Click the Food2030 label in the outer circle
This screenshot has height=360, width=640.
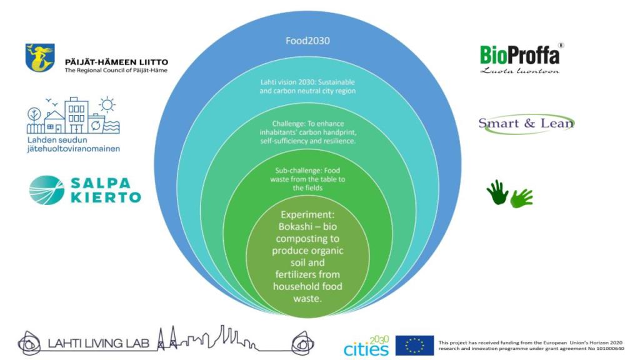click(307, 41)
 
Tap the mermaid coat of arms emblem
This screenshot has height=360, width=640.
click(40, 57)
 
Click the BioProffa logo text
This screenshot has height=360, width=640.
click(519, 55)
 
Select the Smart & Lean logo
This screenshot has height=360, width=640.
click(526, 123)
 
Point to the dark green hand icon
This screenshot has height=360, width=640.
click(497, 192)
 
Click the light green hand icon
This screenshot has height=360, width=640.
click(521, 198)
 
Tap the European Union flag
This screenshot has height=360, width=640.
click(414, 346)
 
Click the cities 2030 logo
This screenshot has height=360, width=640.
click(366, 346)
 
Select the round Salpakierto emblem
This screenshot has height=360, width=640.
click(47, 190)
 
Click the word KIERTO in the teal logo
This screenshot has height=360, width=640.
click(105, 197)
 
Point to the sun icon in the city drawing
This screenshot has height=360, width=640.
click(107, 104)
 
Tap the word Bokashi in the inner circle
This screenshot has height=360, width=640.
click(297, 227)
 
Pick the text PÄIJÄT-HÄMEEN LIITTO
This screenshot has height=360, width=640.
click(116, 62)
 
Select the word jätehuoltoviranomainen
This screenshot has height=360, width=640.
click(73, 149)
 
